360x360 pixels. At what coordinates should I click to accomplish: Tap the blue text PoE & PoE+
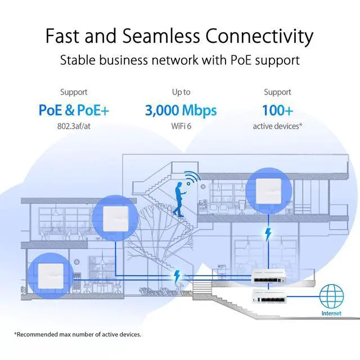[74, 110]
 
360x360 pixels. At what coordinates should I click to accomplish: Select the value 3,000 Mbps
[181, 110]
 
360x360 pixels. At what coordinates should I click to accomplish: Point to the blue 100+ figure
[277, 110]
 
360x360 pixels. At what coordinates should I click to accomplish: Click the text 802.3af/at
[74, 126]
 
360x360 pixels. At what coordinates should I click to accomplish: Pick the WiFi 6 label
[181, 126]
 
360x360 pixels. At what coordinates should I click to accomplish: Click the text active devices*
[277, 126]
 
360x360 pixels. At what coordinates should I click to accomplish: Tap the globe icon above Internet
[331, 296]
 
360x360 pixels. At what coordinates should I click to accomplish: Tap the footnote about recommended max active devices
[77, 335]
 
